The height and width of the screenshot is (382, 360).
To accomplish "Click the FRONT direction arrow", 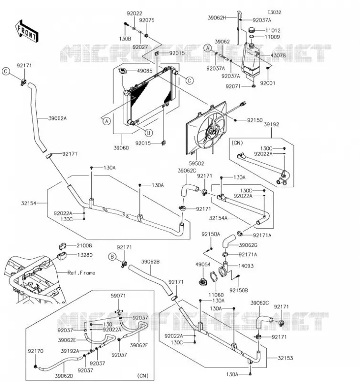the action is pyautogui.click(x=27, y=32).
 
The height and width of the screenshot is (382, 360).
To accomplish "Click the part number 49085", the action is pyautogui.click(x=145, y=71).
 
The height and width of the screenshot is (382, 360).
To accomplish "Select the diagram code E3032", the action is pyautogui.click(x=274, y=12).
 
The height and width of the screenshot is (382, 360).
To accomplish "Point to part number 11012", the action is pyautogui.click(x=273, y=31).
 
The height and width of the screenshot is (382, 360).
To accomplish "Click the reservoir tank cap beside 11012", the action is pyautogui.click(x=252, y=30).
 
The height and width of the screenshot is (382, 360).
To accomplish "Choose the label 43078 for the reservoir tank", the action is pyautogui.click(x=278, y=55).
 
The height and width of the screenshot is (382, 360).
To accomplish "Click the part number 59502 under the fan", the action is pyautogui.click(x=196, y=163).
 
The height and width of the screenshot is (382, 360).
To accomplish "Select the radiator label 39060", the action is pyautogui.click(x=121, y=148).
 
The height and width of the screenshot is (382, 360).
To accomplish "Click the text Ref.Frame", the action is pyautogui.click(x=81, y=273).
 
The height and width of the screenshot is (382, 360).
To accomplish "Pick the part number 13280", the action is pyautogui.click(x=85, y=255).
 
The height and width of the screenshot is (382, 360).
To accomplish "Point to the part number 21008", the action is pyautogui.click(x=85, y=245).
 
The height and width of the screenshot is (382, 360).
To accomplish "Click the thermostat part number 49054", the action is pyautogui.click(x=203, y=265).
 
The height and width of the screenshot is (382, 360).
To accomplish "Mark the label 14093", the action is pyautogui.click(x=246, y=266).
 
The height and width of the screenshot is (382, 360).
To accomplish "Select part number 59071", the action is pyautogui.click(x=118, y=296).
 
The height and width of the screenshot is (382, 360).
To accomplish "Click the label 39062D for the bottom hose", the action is pyautogui.click(x=64, y=376).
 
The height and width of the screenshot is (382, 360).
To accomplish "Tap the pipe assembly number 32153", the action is pyautogui.click(x=286, y=358).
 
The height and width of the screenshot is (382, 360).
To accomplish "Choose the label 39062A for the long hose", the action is pyautogui.click(x=57, y=118).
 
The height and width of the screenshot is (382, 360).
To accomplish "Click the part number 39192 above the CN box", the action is pyautogui.click(x=271, y=124).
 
